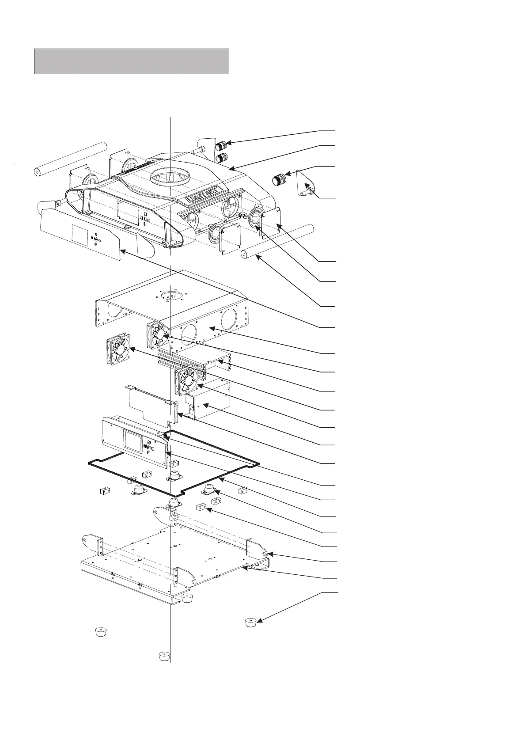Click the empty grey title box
[x=132, y=61]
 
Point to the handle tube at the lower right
[x=278, y=241]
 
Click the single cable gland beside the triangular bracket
[x=278, y=179]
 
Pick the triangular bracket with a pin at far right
[x=306, y=184]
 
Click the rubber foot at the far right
[x=251, y=622]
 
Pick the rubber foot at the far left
[x=102, y=632]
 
